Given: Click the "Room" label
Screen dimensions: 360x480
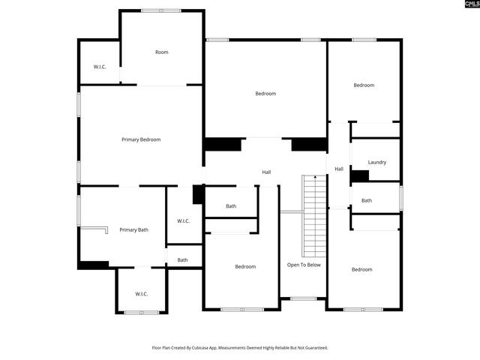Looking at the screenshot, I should click(x=161, y=52).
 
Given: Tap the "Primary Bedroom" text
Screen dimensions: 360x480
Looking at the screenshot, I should click(x=141, y=139).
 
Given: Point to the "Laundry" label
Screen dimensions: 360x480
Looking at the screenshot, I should click(x=376, y=162).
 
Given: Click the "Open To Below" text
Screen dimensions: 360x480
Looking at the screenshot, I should click(x=304, y=265).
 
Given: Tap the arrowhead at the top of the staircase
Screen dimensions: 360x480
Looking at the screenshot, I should click(x=315, y=178).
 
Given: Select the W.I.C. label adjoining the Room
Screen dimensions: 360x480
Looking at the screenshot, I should click(x=100, y=67).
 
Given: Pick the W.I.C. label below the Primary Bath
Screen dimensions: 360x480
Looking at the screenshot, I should click(x=141, y=293).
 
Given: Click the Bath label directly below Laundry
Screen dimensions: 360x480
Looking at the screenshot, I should click(x=366, y=200).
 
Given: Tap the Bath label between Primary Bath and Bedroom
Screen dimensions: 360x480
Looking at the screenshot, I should click(x=182, y=260).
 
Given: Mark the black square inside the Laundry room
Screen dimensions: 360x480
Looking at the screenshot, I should click(x=359, y=175).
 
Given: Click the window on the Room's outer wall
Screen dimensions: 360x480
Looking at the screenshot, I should click(x=161, y=10).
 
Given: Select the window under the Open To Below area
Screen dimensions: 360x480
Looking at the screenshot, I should click(x=303, y=298).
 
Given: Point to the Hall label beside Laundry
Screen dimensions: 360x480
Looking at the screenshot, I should click(x=339, y=169).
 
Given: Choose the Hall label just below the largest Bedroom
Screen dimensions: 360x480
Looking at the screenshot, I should click(x=266, y=172).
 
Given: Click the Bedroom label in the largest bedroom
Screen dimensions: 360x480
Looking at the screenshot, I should click(x=265, y=94).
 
